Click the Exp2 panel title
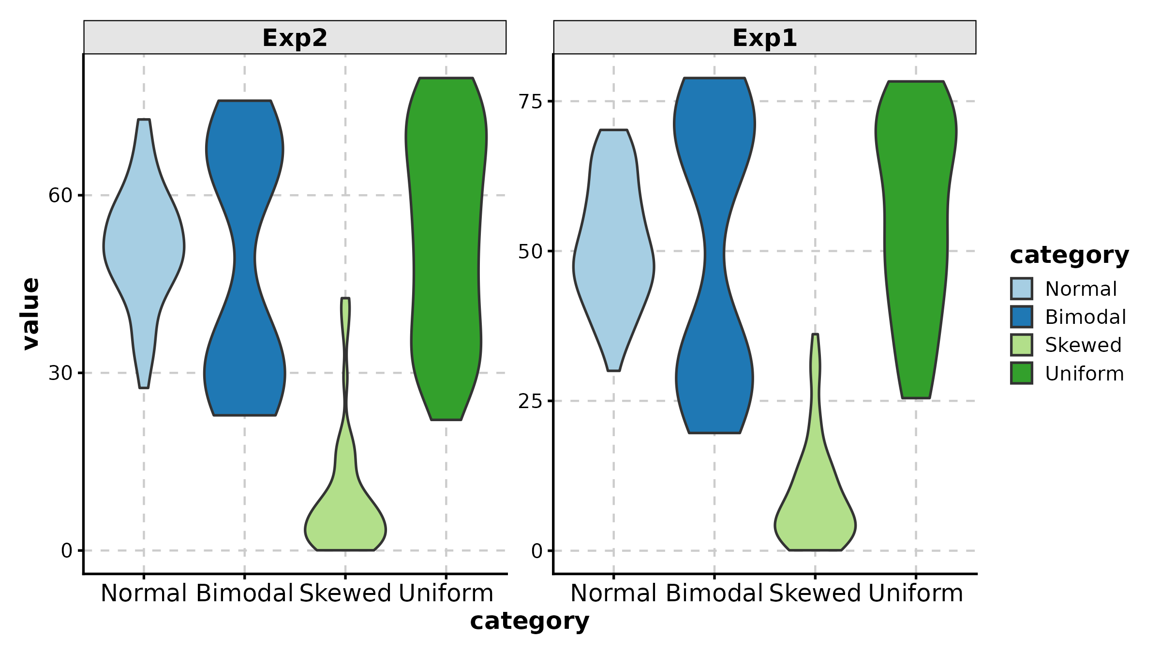coord(295,38)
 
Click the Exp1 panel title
coord(764,38)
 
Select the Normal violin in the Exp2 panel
coord(144,247)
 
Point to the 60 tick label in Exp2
coord(60,196)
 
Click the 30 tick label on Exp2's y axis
coord(60,373)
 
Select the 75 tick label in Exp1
coord(530,102)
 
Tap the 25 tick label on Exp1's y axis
coord(530,401)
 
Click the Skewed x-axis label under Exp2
coord(345,593)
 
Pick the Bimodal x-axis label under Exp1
coord(714,593)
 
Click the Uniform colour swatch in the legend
coord(1022,373)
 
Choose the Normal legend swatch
coord(1022,289)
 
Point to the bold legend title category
coord(1069,255)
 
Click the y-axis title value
coord(30,314)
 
